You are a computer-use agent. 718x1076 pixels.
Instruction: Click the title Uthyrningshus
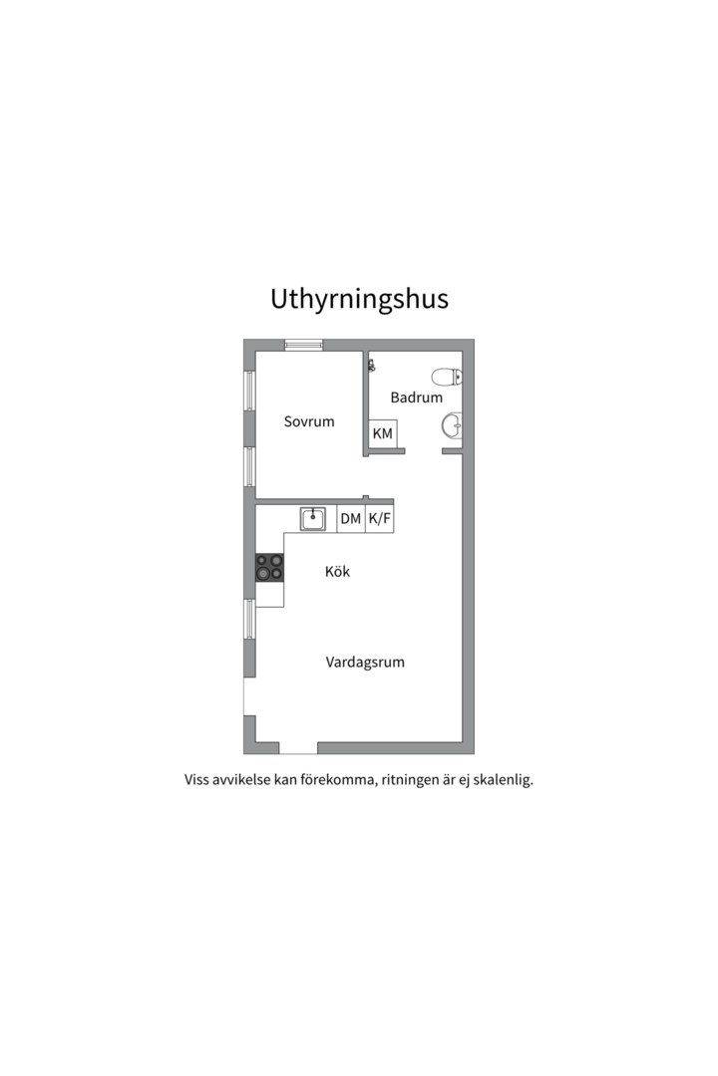pos(359,300)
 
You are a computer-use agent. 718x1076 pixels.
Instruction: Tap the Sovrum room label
pos(309,421)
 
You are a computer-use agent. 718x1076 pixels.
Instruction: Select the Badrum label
pos(416,398)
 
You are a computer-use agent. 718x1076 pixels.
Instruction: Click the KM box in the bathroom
pos(382,434)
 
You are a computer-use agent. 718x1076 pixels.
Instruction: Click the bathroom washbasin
pos(452,426)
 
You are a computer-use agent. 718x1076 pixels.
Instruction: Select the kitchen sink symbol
pos(313,518)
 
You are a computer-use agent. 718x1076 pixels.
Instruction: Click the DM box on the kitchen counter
pos(350,519)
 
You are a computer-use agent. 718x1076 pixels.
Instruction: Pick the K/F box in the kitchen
pos(379,519)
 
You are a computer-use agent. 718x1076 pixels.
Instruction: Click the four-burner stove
pos(269,568)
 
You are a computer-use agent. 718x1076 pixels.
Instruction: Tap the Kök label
pos(338,572)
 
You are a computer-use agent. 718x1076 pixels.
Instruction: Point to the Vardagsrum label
pos(365,662)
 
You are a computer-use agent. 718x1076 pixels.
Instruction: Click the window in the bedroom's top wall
pos(303,345)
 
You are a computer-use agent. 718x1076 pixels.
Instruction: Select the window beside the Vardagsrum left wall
pos(249,619)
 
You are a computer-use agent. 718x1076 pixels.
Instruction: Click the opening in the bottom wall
pos(297,748)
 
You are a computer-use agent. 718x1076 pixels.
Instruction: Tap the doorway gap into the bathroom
pos(423,451)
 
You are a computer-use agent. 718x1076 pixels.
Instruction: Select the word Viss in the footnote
pos(197,780)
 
